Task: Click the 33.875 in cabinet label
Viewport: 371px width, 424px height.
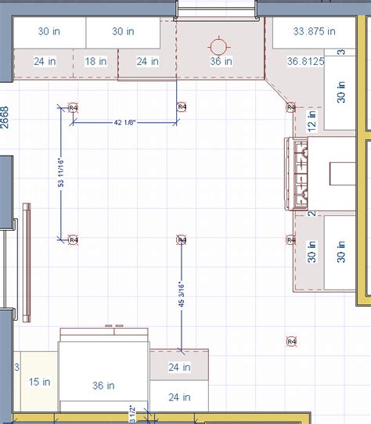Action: point(313,32)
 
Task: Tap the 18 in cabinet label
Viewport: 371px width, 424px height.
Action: point(95,61)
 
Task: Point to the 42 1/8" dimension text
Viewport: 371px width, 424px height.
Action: point(127,122)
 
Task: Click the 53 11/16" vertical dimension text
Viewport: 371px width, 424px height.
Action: point(60,173)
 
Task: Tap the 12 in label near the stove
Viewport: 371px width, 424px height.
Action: point(311,120)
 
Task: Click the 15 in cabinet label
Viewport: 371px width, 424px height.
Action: point(39,382)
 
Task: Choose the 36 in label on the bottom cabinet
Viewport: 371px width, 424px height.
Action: point(104,386)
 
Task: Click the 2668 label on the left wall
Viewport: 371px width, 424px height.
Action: point(5,117)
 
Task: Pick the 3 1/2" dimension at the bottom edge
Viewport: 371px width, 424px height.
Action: point(132,412)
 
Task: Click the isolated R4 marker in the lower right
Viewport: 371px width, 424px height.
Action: point(292,341)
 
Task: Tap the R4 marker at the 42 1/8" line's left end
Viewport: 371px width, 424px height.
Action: point(73,107)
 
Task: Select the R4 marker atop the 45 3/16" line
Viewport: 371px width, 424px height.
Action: point(181,240)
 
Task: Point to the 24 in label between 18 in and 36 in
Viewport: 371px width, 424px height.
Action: point(147,61)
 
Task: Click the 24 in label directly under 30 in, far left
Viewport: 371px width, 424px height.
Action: point(45,61)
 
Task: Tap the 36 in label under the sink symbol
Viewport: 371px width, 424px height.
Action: point(220,61)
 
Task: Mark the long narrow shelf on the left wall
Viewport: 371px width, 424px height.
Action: point(27,262)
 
